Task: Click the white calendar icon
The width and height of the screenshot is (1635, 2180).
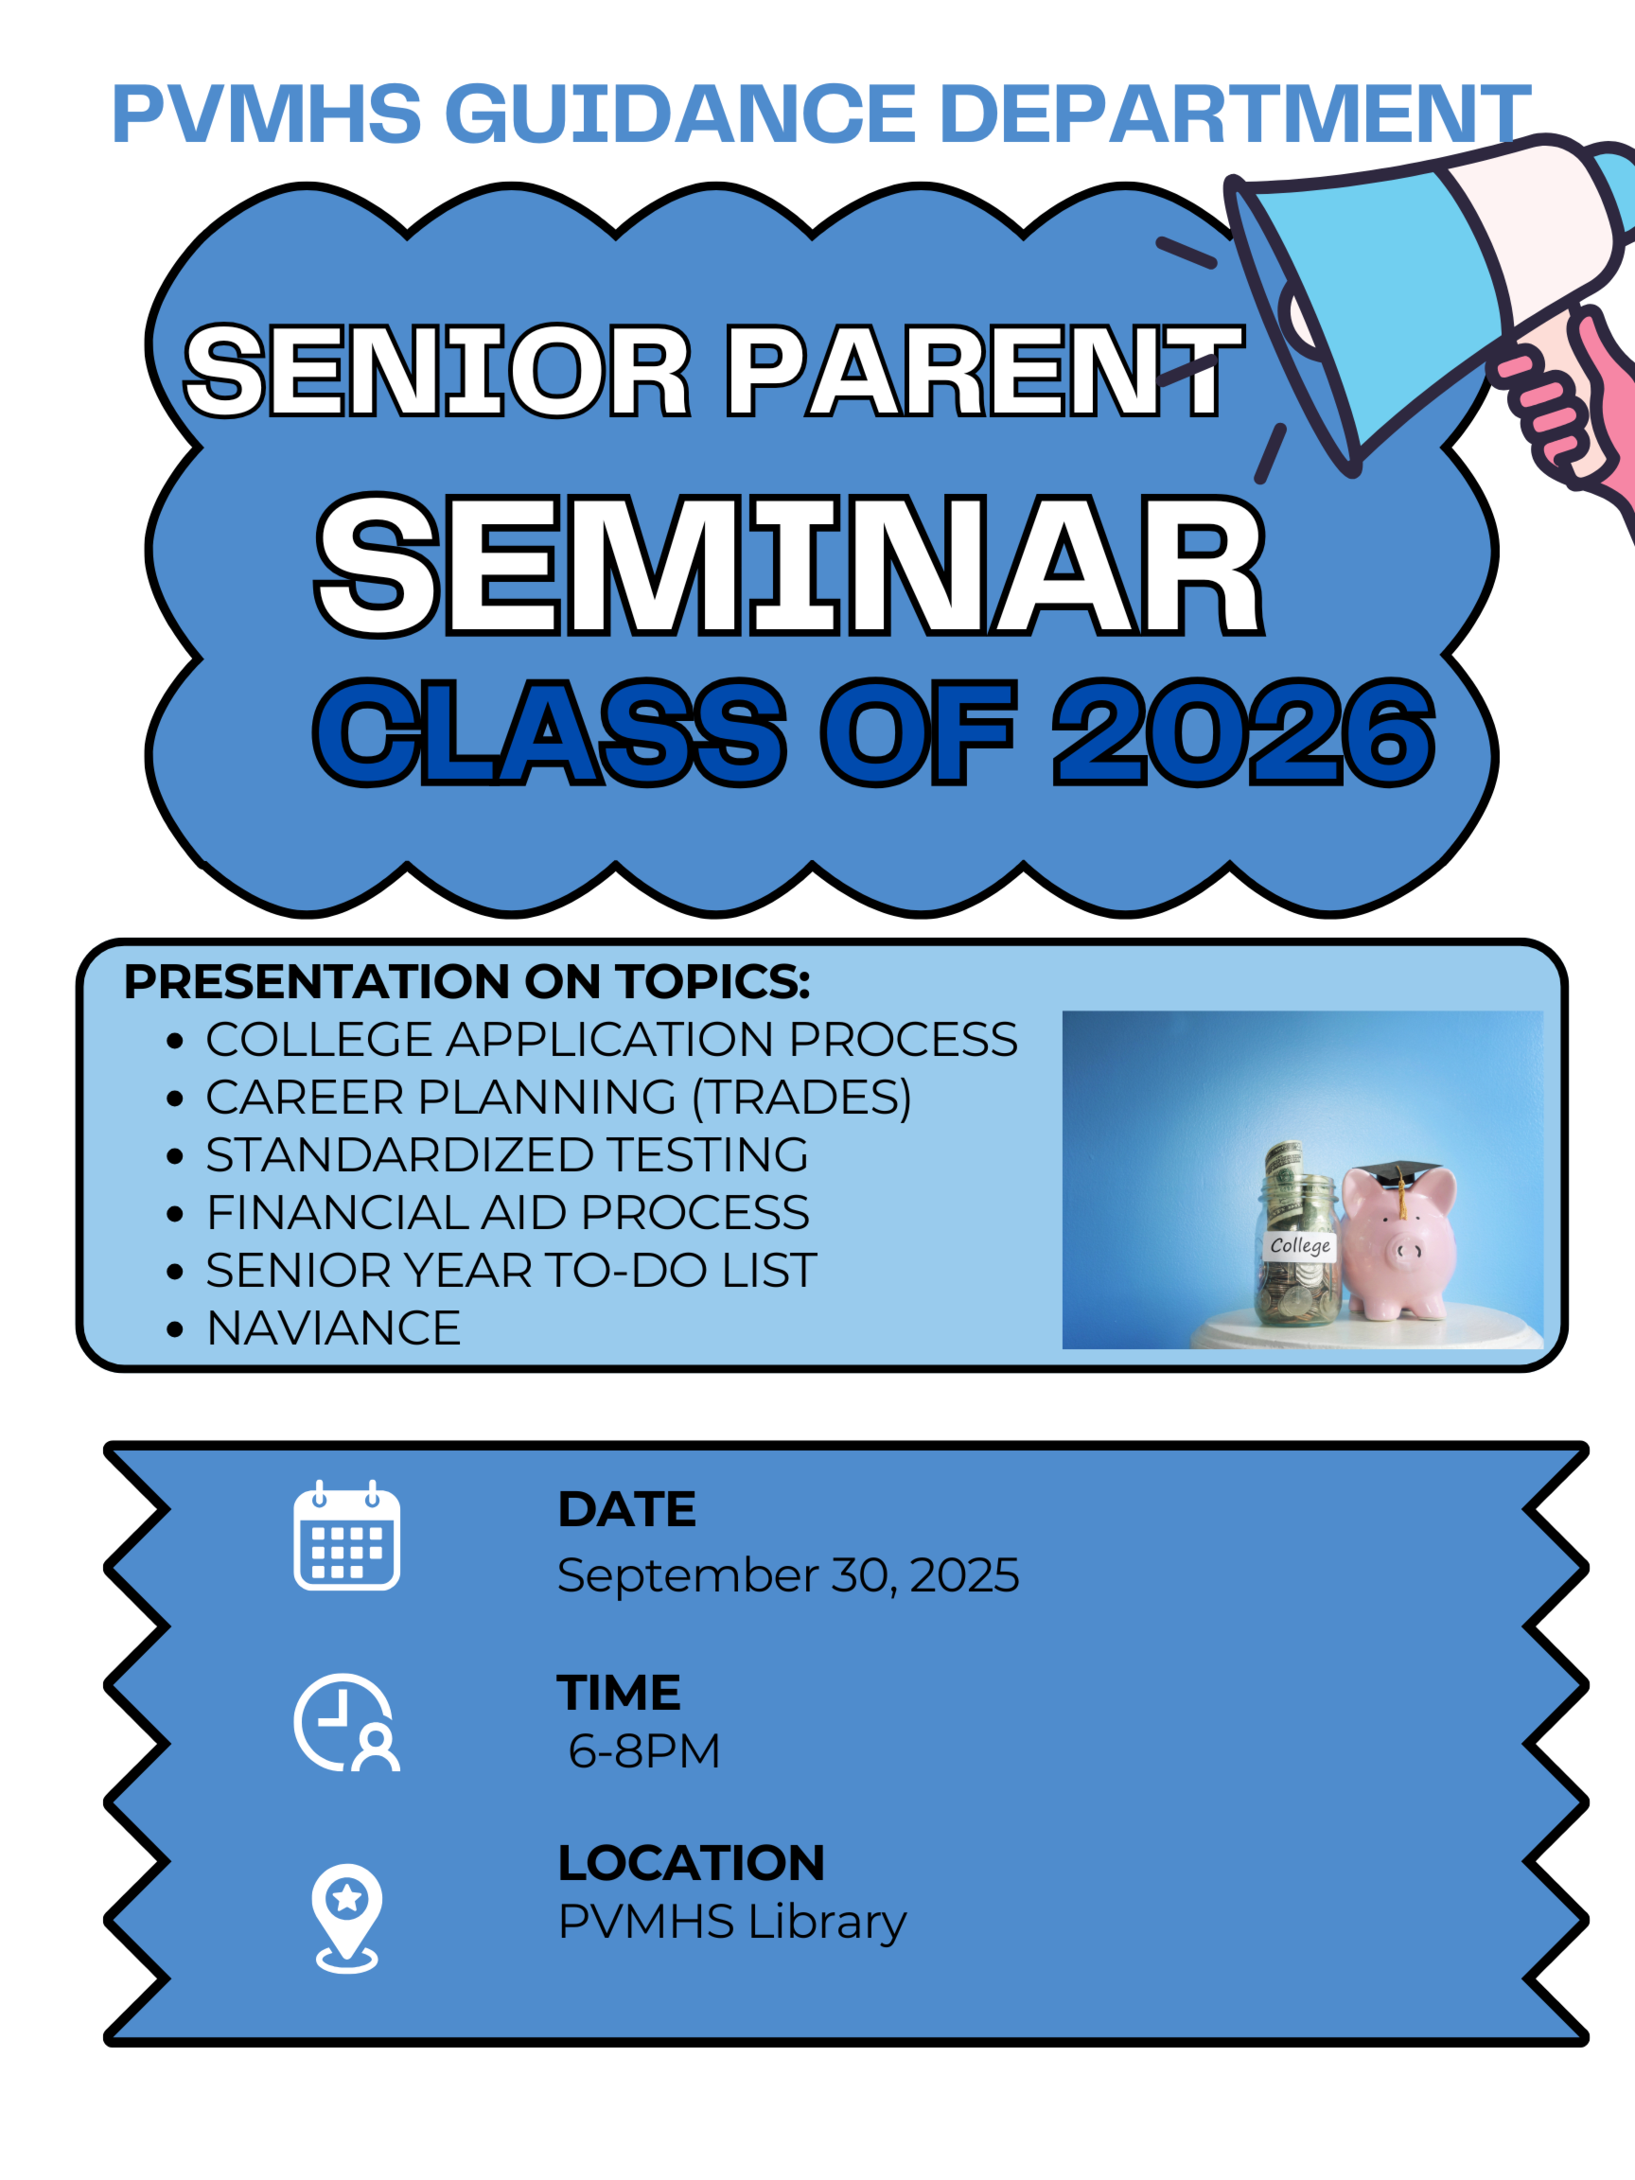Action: [347, 1535]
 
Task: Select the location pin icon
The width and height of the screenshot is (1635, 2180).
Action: [347, 1918]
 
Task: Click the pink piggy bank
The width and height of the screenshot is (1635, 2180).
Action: [1399, 1243]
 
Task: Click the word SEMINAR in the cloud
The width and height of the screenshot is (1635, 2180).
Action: [790, 565]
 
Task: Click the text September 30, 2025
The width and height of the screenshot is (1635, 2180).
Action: [788, 1574]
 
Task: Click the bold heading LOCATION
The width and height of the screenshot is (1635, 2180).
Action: [692, 1863]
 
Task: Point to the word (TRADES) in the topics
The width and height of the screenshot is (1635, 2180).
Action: [802, 1098]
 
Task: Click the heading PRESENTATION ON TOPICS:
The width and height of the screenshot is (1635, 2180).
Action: [467, 981]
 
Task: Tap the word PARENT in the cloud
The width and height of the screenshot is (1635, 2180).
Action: [985, 371]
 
